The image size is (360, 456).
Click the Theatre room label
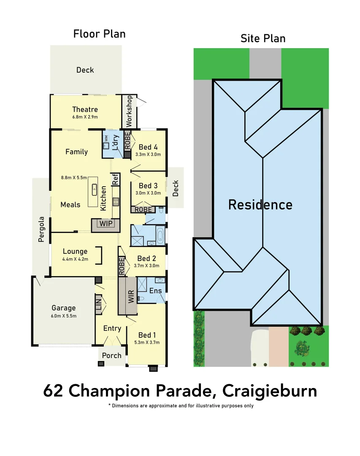click(x=85, y=109)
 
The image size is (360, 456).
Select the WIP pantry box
click(x=106, y=223)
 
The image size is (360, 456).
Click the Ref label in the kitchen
click(x=115, y=179)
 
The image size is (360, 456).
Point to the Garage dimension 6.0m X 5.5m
click(x=64, y=315)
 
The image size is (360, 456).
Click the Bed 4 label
click(x=148, y=147)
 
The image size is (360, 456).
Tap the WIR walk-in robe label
click(x=131, y=296)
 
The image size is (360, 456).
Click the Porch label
click(x=112, y=356)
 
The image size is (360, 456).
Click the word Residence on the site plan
click(x=260, y=205)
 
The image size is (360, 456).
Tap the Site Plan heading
click(x=263, y=38)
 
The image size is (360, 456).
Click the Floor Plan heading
click(x=99, y=34)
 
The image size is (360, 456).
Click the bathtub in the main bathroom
click(x=161, y=235)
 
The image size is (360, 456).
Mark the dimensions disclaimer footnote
click(x=181, y=406)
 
